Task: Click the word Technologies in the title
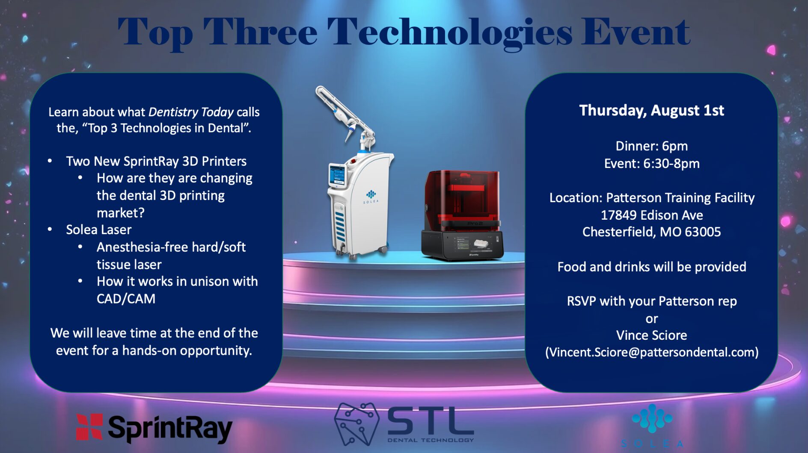coord(449,33)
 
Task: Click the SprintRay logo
coord(154,428)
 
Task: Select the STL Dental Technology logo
coord(404,424)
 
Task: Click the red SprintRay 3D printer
coord(462,215)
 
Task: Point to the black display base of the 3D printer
coord(462,244)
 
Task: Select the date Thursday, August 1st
coord(651,110)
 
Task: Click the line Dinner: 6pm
coord(651,146)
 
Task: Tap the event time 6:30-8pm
coord(671,164)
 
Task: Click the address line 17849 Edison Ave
coord(651,215)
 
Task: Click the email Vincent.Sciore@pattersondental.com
coord(651,352)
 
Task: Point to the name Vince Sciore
coord(651,335)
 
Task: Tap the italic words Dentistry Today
coord(191,112)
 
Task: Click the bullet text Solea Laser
coord(98,230)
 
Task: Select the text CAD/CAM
coord(126,299)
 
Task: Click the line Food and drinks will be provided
coord(651,267)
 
